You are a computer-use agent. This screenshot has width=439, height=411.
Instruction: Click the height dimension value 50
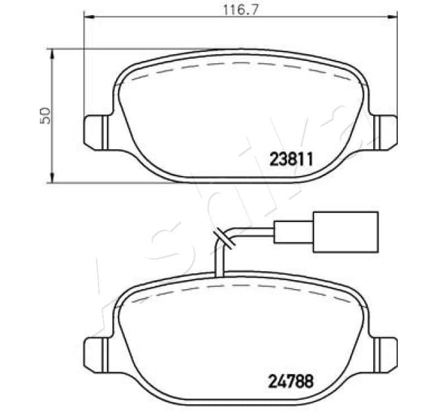(x=45, y=114)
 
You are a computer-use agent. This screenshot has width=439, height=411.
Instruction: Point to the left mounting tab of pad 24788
(x=94, y=352)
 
